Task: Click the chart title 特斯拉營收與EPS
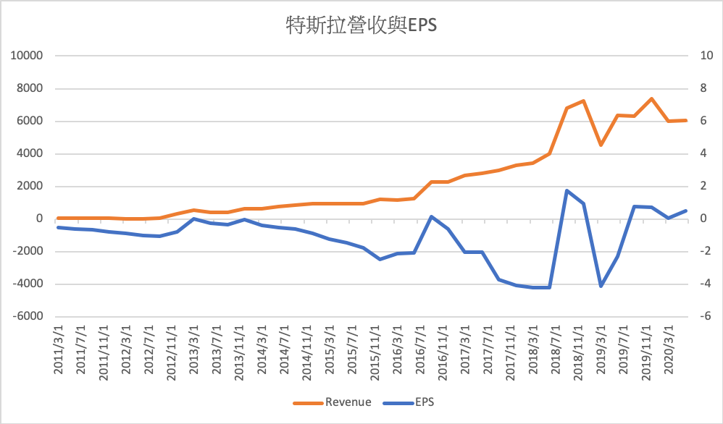[x=362, y=27]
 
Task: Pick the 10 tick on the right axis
[x=700, y=56]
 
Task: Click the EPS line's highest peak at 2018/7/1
[x=567, y=190]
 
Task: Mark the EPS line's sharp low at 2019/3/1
[x=601, y=287]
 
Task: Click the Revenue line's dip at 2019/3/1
[x=601, y=145]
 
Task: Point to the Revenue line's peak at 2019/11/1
[x=651, y=98]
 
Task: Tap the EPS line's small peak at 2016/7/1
[x=431, y=216]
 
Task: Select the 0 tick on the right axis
[x=700, y=219]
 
